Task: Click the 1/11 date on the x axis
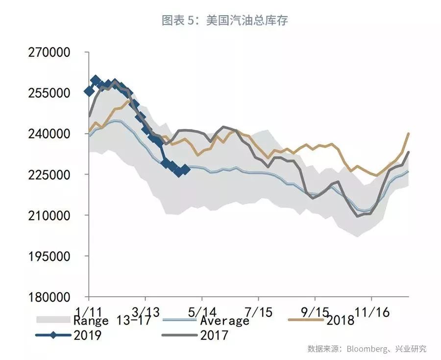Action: point(89,311)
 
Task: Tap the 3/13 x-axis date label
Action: point(145,311)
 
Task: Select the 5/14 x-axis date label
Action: point(202,311)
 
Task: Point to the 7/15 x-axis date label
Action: point(258,311)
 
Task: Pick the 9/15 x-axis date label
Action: point(315,311)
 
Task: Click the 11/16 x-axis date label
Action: point(371,311)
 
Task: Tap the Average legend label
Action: point(224,321)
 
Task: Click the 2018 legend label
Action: point(340,321)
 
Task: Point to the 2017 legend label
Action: point(214,335)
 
